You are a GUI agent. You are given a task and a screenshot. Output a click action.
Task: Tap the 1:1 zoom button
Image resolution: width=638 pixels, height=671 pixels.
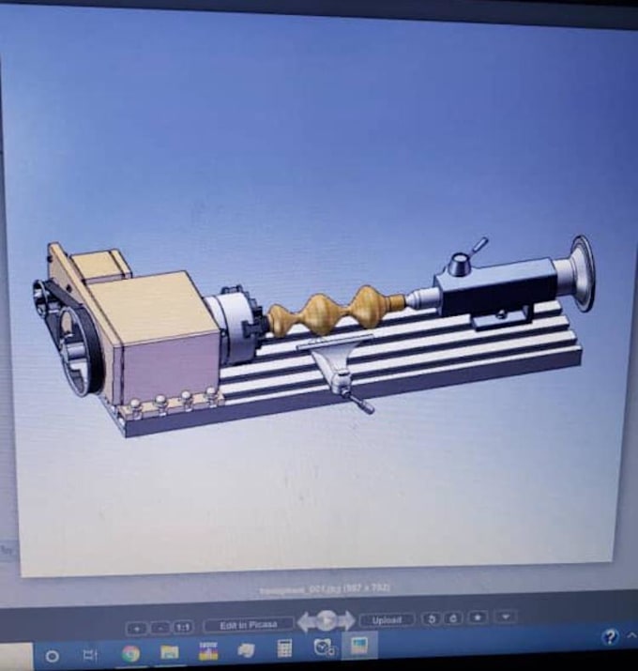[183, 626]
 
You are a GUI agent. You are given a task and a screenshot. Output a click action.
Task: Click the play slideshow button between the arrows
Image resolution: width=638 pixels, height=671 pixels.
[326, 620]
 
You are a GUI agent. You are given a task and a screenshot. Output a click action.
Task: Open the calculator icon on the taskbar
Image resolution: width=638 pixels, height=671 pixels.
[284, 649]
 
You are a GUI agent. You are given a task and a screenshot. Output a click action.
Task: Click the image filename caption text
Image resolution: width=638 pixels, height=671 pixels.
[324, 588]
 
